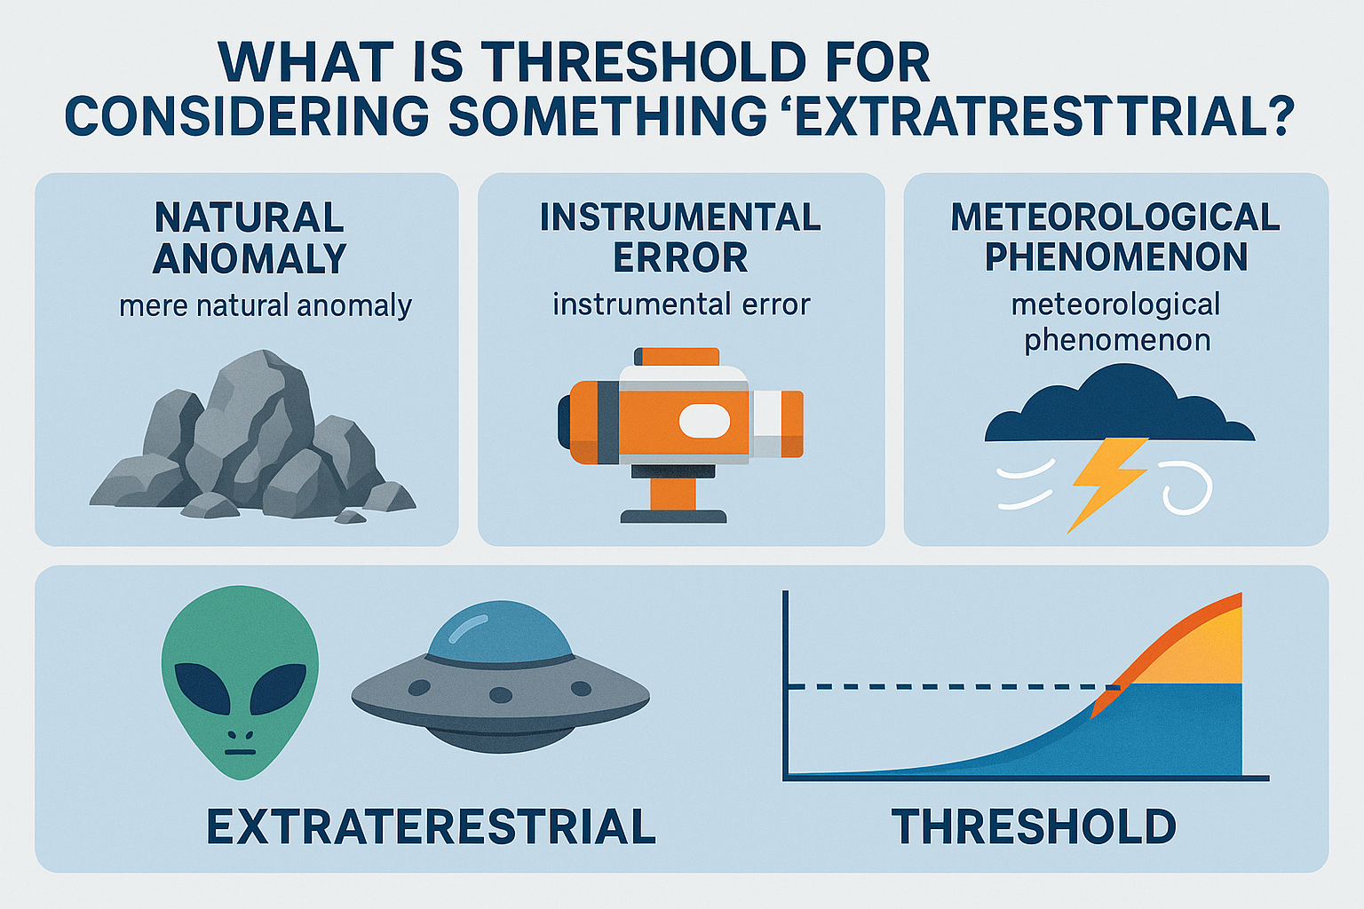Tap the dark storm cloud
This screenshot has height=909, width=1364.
coord(1119,404)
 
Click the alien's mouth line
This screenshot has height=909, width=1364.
coord(241,753)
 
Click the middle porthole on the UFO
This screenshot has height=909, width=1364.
coord(501,695)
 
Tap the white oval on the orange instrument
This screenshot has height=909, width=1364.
coord(704,421)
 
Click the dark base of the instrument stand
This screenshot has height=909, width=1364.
coord(673,517)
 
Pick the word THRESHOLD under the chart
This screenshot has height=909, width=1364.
coord(1034,826)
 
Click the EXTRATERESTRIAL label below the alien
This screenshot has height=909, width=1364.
coord(431,826)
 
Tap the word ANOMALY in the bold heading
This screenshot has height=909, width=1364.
coord(250,258)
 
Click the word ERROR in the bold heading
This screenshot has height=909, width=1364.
coord(680,257)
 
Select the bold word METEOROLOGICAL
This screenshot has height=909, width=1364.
coord(1115,217)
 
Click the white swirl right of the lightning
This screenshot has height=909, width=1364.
coord(1186,490)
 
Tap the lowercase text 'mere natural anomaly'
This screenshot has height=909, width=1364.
coord(266,305)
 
